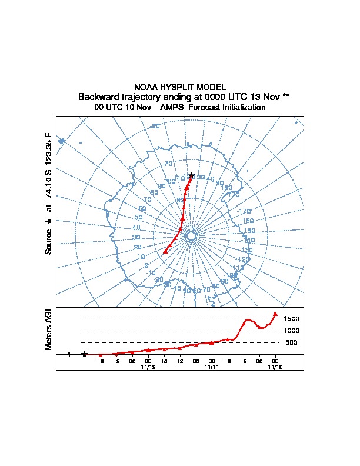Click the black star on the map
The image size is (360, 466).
coord(191,175)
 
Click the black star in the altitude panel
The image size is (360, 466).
coord(85,354)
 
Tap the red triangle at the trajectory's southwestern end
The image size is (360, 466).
coord(165,251)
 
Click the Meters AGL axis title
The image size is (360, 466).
coord(49,329)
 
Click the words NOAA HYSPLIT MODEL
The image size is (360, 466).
coord(179,87)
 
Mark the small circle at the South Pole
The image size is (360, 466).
coord(191,236)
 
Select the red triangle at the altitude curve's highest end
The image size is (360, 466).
coord(275,314)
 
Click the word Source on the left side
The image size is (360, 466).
coord(49,241)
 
